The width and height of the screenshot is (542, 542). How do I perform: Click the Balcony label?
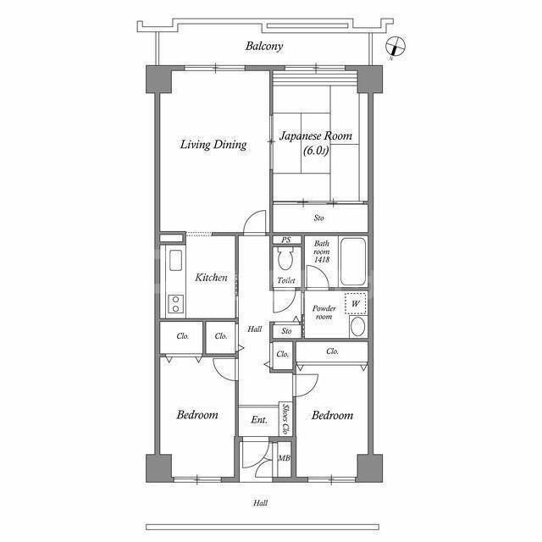click(264, 46)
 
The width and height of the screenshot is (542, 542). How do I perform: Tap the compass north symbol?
click(395, 47)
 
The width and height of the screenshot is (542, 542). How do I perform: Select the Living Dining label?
click(213, 144)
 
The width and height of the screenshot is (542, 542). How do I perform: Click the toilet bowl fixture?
click(285, 258)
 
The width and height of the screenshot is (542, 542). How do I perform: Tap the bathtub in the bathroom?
click(352, 261)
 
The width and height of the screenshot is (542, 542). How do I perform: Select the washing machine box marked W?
click(356, 303)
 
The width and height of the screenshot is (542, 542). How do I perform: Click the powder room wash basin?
click(357, 327)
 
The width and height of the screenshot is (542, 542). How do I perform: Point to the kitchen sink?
click(175, 260)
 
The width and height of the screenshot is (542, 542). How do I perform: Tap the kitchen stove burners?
click(175, 304)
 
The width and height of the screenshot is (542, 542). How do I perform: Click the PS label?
click(286, 240)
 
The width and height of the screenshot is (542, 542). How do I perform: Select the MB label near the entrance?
click(285, 458)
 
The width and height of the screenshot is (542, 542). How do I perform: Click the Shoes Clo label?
click(285, 419)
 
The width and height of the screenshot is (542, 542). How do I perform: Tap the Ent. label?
click(259, 420)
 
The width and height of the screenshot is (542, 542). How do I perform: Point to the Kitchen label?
click(211, 277)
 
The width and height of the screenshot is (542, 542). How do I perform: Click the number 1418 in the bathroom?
click(322, 259)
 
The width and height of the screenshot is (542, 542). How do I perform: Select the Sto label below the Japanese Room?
click(319, 218)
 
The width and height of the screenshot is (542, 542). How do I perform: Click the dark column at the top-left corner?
click(158, 79)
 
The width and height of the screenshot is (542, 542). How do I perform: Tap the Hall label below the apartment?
click(260, 503)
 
